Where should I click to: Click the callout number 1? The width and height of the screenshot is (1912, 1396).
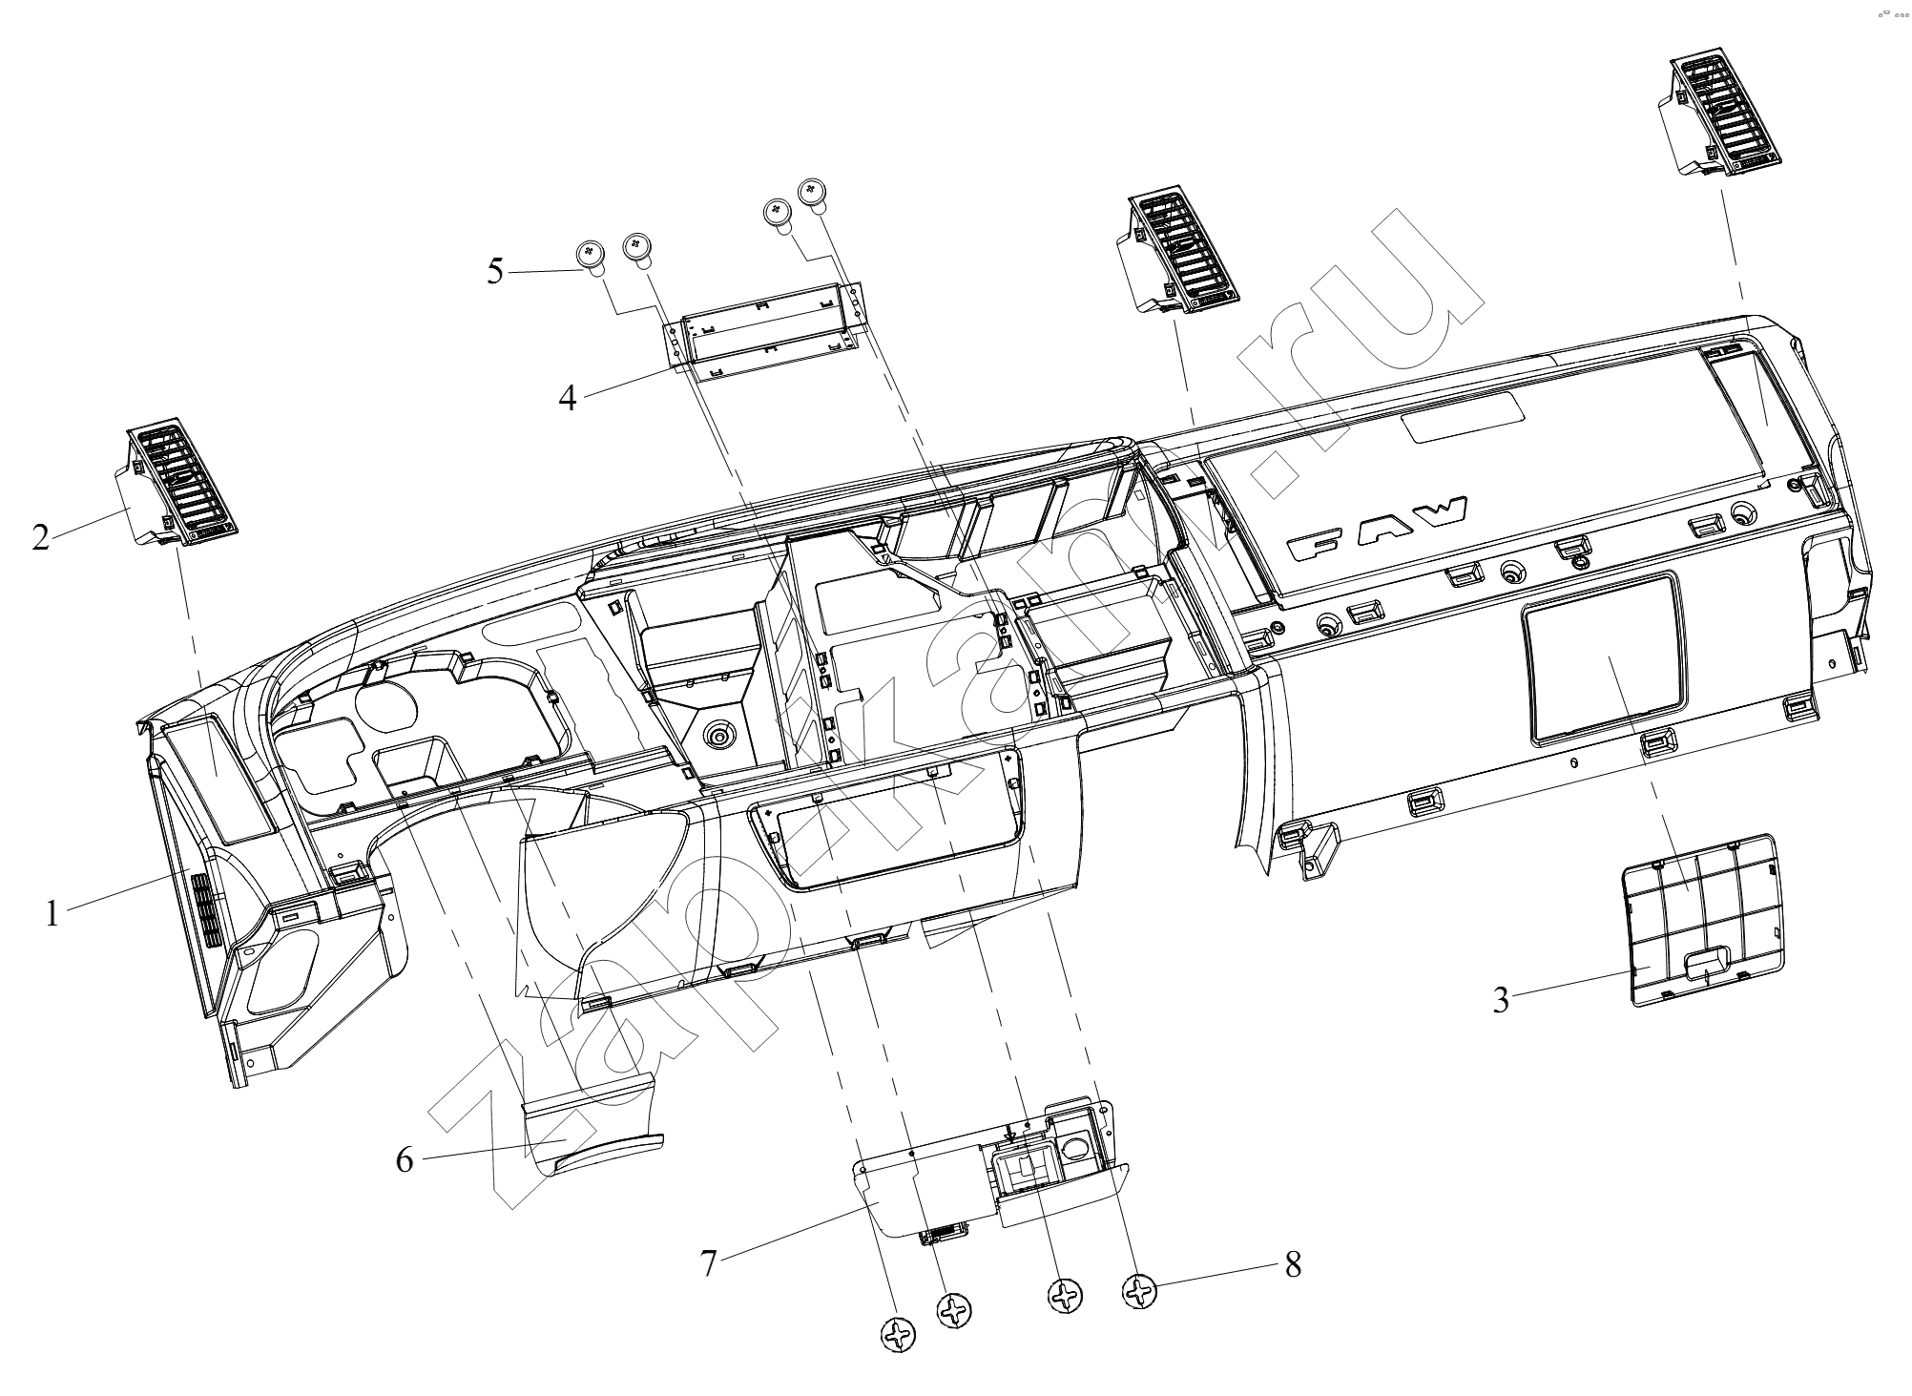coord(52,913)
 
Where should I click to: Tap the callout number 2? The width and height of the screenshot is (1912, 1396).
coord(40,537)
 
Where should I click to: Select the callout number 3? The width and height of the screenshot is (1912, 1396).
coord(1501,1000)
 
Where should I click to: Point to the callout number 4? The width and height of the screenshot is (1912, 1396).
coord(568,397)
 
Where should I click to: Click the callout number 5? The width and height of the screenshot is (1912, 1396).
coord(495,271)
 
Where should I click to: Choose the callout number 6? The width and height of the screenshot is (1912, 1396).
coord(405,1161)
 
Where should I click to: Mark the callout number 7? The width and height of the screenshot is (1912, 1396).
coord(708,1263)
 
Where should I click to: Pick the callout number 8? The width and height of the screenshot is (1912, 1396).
coord(1293,1264)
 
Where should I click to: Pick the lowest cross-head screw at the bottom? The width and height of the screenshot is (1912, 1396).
coord(897,1335)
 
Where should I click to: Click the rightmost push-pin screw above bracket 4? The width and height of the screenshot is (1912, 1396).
coord(813,194)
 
